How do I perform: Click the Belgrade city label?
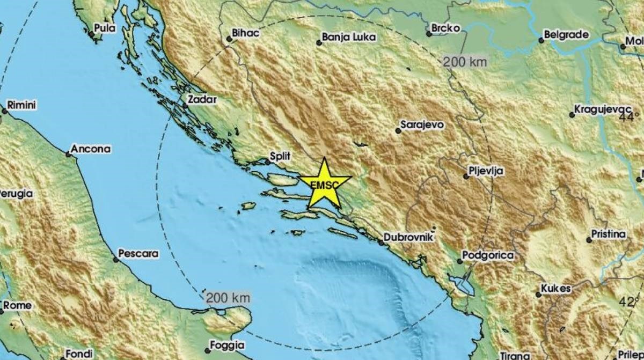pos(566,35)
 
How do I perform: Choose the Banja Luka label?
pos(349,38)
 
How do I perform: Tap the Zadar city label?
pos(202,99)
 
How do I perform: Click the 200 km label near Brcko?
pos(465,62)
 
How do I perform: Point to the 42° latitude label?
pos(629,302)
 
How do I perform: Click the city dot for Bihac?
pos(228,38)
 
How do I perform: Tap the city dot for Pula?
pos(92,34)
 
